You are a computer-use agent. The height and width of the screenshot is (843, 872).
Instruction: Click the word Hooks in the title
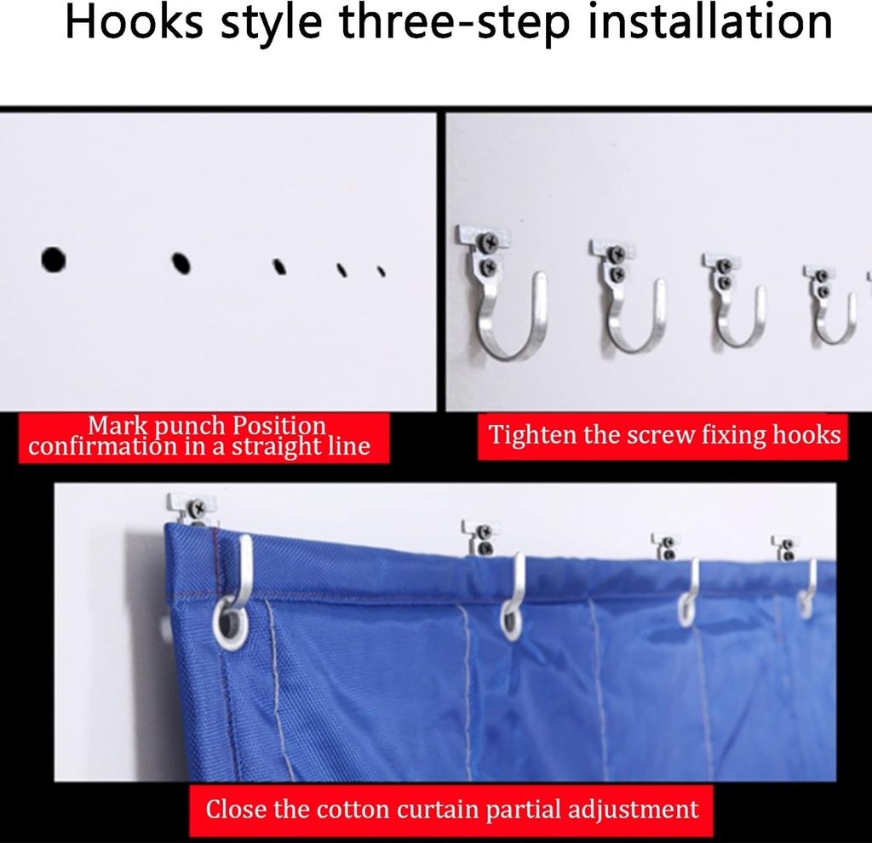134,22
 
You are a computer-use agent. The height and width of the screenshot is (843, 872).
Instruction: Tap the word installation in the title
710,22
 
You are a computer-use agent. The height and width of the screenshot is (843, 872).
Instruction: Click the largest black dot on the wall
54,260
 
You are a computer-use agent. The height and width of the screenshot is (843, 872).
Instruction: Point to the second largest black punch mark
181,263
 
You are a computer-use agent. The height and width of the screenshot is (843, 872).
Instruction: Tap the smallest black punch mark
381,271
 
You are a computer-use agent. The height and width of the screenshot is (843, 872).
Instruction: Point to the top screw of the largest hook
490,242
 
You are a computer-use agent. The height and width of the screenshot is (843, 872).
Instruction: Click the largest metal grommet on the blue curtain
230,622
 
